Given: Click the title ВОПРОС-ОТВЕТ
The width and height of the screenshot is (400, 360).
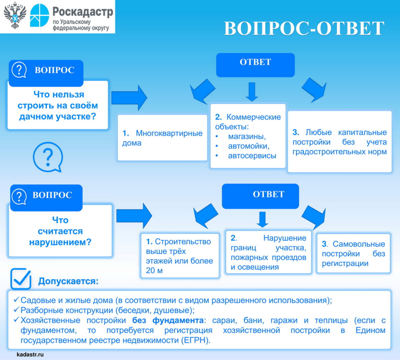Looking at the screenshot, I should tap(304, 28).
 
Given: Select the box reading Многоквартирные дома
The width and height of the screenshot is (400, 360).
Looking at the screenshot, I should tap(162, 138).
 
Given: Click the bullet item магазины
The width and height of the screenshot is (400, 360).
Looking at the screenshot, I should tap(246, 136).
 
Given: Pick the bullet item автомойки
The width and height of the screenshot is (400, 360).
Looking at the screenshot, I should tap(248, 146).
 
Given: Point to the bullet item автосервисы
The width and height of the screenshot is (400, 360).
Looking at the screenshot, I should tap(252, 156).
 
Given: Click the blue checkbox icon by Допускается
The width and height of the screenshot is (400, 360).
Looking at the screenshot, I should tap(21, 278).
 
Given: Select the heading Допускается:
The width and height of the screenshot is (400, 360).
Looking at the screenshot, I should tap(68, 281).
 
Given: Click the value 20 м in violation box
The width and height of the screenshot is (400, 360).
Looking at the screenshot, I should tap(154, 271).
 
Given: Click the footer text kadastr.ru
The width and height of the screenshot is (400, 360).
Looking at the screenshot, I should tap(30, 354).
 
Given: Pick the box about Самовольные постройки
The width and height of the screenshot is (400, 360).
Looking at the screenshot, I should tap(353, 253).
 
